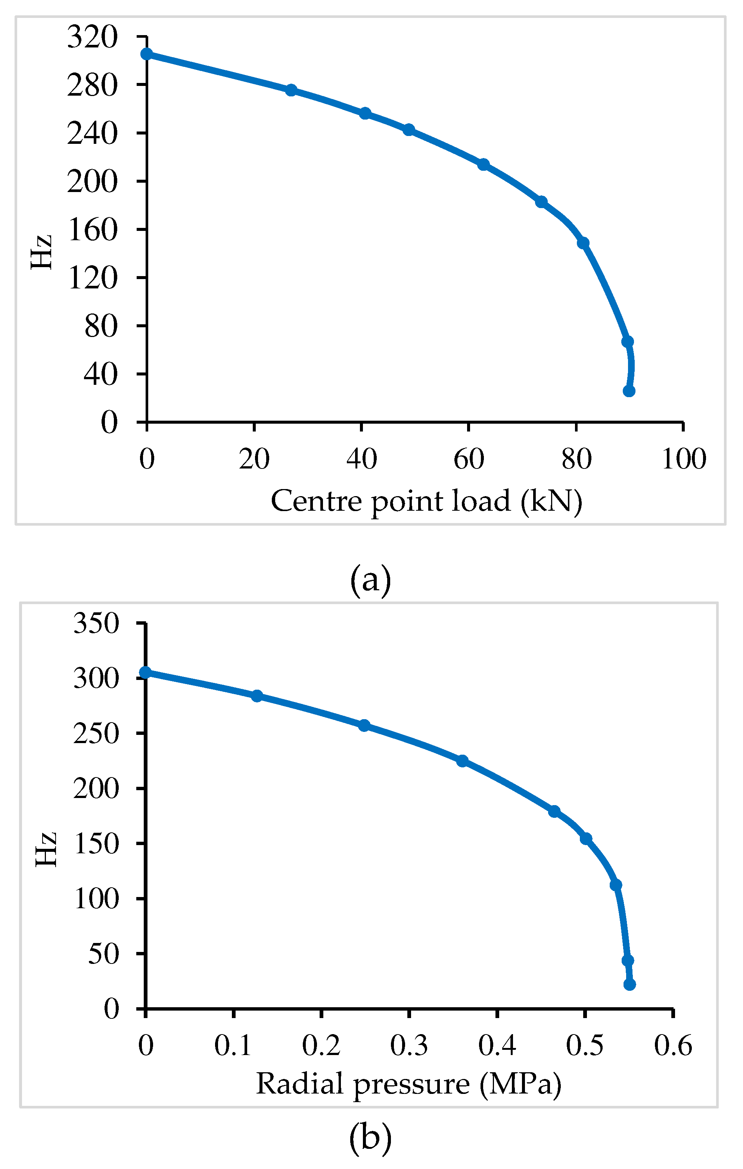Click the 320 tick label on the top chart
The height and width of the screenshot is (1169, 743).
point(92,37)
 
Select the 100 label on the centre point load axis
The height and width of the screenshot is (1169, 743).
point(683,459)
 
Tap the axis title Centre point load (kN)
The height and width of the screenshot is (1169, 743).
point(426,501)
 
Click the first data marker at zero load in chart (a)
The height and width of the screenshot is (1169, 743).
point(147,54)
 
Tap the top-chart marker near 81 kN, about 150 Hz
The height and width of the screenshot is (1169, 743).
point(583,243)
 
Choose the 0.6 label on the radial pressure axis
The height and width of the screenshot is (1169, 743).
point(673,1045)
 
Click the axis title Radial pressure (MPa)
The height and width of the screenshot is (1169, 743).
point(408,1084)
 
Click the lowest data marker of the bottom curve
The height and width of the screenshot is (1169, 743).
point(629,984)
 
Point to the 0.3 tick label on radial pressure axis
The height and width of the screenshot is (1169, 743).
point(409,1045)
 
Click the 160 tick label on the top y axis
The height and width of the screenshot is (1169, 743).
point(92,230)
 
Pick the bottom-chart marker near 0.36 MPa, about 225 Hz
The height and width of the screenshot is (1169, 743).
point(463,761)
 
